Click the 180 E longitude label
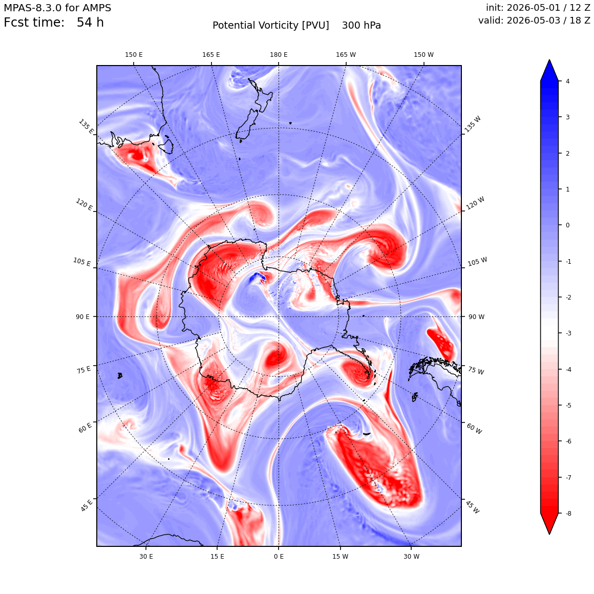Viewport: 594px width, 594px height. (279, 55)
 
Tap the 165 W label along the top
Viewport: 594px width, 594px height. (346, 55)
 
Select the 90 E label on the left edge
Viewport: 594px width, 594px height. (82, 316)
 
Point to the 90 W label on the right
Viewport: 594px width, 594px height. (477, 316)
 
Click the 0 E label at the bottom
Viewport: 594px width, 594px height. (279, 557)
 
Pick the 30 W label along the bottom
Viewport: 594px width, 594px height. (411, 557)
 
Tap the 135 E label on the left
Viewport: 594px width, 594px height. (86, 126)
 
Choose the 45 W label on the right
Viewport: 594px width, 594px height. (473, 507)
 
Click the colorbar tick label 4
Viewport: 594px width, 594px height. (567, 81)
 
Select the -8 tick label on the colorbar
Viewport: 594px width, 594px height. (568, 513)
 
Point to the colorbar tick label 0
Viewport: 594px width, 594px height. (567, 225)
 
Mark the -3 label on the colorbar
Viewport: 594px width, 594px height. (568, 333)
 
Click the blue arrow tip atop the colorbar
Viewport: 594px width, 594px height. (549, 60)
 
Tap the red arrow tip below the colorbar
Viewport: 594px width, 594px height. (549, 534)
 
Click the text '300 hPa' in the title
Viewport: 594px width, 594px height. (362, 26)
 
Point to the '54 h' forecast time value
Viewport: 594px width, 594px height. (90, 23)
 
